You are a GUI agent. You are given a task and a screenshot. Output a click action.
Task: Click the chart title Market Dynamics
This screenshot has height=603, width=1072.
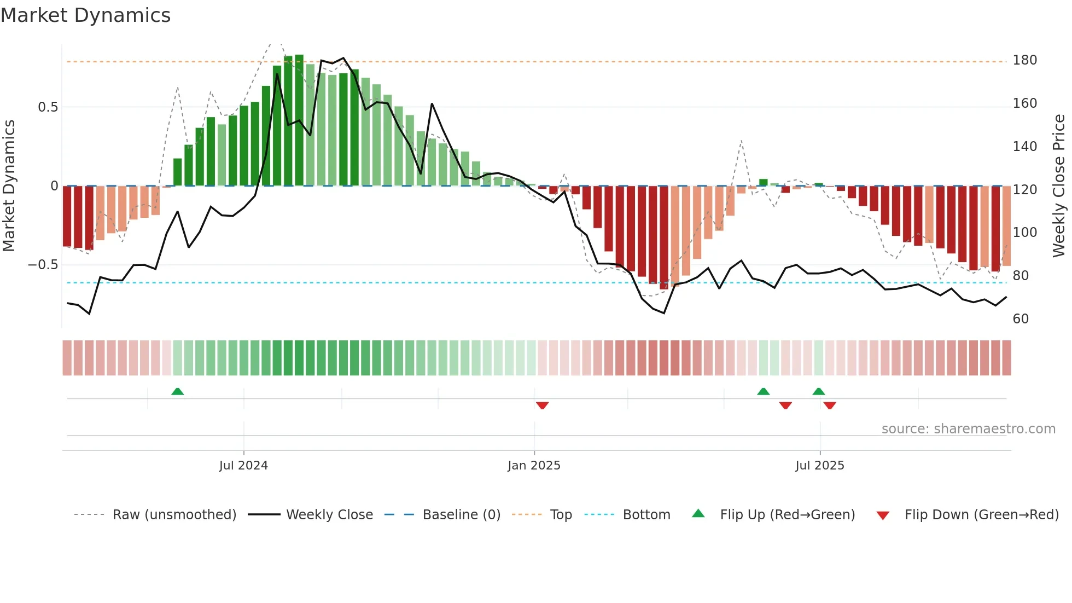[86, 15]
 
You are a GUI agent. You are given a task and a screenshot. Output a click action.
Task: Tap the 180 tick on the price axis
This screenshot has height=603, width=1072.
[1024, 60]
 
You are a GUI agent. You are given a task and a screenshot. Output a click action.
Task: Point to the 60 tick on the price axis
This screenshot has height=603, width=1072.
[1021, 319]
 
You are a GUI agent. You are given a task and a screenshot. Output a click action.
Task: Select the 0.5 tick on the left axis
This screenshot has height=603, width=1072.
[48, 107]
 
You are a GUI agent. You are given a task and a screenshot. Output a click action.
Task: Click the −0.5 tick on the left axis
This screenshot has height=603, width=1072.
[43, 265]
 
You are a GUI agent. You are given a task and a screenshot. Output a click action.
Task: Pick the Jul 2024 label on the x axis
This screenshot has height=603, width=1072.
[243, 466]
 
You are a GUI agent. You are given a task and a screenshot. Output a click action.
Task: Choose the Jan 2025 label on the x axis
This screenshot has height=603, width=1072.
[534, 466]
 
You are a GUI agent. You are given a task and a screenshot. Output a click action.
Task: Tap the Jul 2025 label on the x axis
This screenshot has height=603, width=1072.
[819, 466]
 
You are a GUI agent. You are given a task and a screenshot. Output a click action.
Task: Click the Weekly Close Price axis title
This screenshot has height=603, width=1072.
[1059, 186]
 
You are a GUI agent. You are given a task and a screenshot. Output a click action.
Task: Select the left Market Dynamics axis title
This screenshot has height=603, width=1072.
[9, 186]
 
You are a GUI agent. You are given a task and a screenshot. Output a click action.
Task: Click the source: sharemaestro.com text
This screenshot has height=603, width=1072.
[968, 429]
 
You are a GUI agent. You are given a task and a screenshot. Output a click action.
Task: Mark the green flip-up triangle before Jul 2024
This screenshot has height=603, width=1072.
[177, 392]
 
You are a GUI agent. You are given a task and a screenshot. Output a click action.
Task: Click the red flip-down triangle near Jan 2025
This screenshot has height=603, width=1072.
[542, 405]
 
